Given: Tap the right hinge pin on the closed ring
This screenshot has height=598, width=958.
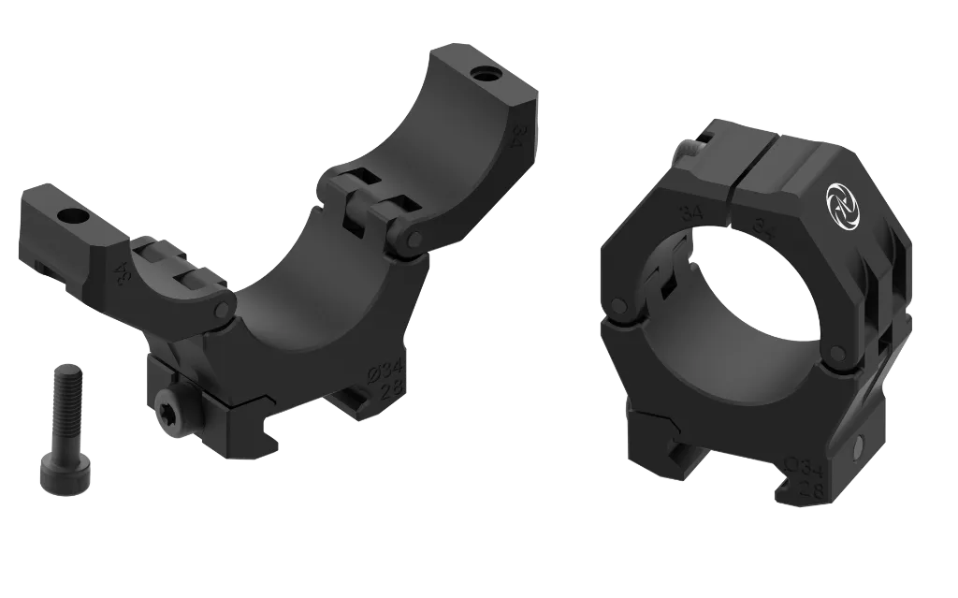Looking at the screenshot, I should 835,353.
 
